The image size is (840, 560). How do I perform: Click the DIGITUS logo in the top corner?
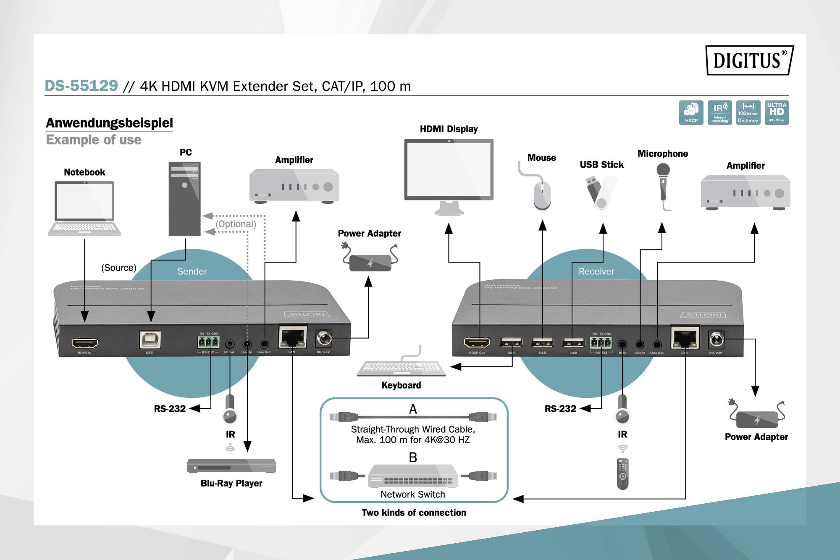click(x=749, y=60)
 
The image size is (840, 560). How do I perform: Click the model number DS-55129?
click(x=81, y=86)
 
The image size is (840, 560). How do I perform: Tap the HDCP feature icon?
click(x=691, y=112)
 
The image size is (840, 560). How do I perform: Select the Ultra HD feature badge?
click(x=777, y=112)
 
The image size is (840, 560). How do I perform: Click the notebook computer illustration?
click(x=84, y=208)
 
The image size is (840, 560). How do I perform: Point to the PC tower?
click(x=184, y=199)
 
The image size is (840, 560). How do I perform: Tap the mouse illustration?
click(x=541, y=195)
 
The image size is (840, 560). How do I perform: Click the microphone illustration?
click(x=663, y=185)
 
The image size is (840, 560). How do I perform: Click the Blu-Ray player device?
click(x=231, y=465)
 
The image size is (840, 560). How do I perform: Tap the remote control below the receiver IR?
click(x=622, y=473)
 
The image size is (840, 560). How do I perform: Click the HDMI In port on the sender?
click(x=85, y=343)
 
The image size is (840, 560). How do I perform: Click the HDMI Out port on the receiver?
click(x=477, y=342)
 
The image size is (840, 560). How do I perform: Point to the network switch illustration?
click(x=413, y=476)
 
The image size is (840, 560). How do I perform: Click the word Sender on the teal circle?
click(x=192, y=271)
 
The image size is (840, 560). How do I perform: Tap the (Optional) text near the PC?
click(x=236, y=224)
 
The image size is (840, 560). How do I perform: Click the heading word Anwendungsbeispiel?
click(x=109, y=123)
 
